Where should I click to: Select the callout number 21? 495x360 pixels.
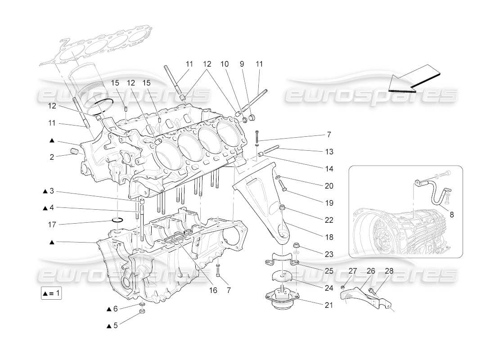[x=329, y=305]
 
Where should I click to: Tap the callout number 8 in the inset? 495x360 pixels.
[x=452, y=215]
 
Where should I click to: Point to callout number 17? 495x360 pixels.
[x=52, y=223]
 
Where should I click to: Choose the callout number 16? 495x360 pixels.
[x=213, y=290]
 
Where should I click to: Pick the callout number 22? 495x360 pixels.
[x=329, y=220]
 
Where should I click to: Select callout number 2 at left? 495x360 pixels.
[x=52, y=157]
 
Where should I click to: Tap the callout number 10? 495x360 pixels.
[x=225, y=64]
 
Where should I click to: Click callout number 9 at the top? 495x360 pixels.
[x=242, y=64]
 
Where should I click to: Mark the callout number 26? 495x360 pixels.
[x=371, y=271]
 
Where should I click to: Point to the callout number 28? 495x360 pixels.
[x=389, y=271]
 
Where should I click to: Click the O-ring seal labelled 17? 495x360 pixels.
[x=117, y=220]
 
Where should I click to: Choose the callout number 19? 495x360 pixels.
[x=329, y=203]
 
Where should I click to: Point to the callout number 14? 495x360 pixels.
[x=329, y=169]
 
